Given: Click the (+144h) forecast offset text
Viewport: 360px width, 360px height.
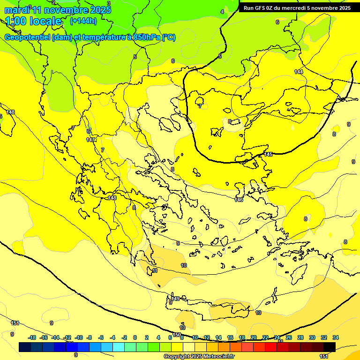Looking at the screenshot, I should click(x=83, y=21).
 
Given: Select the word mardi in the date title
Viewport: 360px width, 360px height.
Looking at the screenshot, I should click(x=17, y=9).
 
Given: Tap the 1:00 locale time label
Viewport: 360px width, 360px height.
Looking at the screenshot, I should click(x=33, y=21).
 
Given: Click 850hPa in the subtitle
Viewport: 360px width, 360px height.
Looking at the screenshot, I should click(x=146, y=37).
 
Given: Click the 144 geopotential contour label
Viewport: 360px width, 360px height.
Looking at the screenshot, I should click(x=299, y=72).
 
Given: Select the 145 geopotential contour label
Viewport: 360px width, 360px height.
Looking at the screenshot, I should click(x=269, y=154).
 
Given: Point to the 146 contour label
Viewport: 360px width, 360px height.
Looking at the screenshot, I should click(x=239, y=200).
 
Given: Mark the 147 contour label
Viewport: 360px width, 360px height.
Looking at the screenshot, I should click(x=90, y=140).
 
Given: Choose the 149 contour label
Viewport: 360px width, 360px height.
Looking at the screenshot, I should click(x=176, y=299).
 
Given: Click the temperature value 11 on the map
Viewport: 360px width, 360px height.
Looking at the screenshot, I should click(x=155, y=271).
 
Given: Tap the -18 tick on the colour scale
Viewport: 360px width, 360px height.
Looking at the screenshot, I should click(x=32, y=337).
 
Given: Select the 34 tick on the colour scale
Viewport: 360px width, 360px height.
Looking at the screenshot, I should click(x=336, y=337).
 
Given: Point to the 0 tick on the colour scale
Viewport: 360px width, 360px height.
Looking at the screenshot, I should click(x=135, y=337).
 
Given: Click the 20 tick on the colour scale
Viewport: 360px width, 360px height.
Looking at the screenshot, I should click(x=254, y=337).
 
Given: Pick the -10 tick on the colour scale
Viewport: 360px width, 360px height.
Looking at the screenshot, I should click(x=79, y=337).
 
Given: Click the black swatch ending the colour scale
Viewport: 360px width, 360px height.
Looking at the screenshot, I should click(x=330, y=347).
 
